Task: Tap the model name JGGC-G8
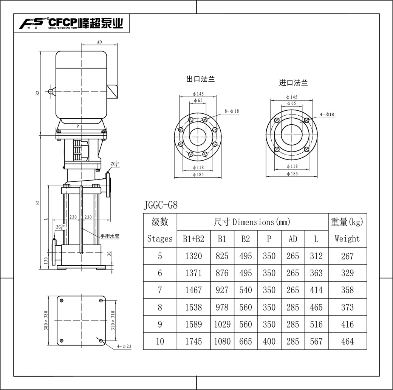[160, 205]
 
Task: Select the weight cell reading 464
[347, 341]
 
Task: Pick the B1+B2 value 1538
[193, 307]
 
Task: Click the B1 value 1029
[222, 324]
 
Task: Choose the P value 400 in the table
[269, 341]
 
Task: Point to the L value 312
[316, 256]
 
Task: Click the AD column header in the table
[293, 239]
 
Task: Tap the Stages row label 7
[160, 290]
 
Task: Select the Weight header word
[347, 238]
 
